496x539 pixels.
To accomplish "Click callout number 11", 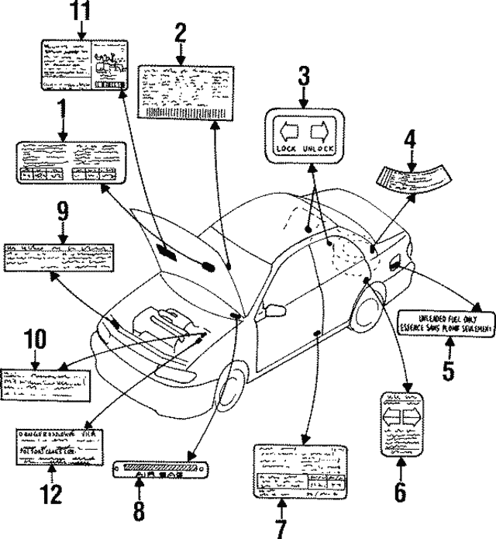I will (x=81, y=12).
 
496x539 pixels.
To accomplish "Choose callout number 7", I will (x=281, y=528).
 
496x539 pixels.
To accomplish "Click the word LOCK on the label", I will (x=286, y=147).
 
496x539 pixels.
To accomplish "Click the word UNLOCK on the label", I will (x=318, y=147).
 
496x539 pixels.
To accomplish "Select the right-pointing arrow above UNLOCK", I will (x=319, y=129).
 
